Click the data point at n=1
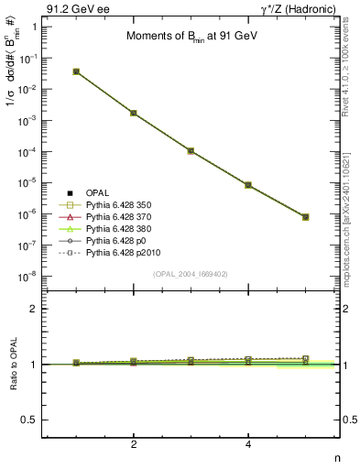[x=76, y=71]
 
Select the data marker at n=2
[x=134, y=113]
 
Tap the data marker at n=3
[x=191, y=150]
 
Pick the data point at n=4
[x=248, y=185]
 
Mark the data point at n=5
[x=306, y=217]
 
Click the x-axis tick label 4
[x=248, y=444]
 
